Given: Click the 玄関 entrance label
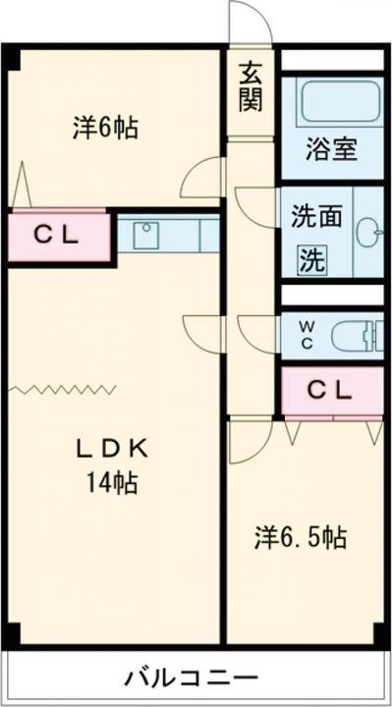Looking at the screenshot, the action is pos(249,85).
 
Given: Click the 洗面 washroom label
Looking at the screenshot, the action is pos(314,215).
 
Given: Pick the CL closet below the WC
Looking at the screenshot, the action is pos(330,389).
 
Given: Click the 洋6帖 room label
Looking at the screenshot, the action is pos(105,129).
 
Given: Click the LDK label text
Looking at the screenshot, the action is pos(112,450).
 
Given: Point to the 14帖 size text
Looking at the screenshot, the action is pos(112,482).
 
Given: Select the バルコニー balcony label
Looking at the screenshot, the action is pos(192,678).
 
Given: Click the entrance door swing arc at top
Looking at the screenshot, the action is pos(245,22).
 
